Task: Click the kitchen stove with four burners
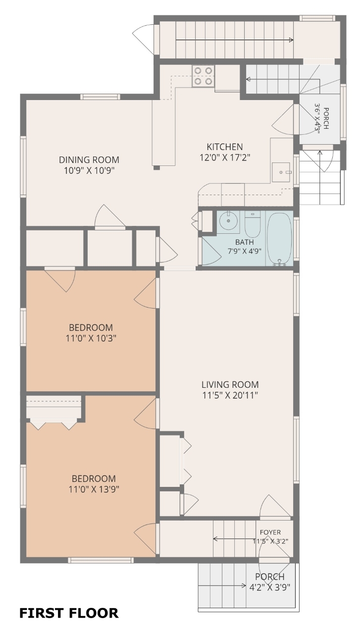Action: pos(203,76)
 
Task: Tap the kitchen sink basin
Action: pos(281,172)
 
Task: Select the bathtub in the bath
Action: pos(279,239)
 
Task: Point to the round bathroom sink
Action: pos(228,222)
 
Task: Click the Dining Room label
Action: pos(89,159)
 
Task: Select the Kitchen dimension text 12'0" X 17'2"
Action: pos(225,157)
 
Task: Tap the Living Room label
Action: pos(230,384)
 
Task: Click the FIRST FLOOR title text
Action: pos(69,613)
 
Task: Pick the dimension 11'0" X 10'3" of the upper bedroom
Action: pos(91,338)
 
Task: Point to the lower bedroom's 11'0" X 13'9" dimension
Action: pos(94,489)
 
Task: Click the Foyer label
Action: pos(270,532)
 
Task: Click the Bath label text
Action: pos(245,242)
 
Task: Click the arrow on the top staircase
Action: pos(234,40)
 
